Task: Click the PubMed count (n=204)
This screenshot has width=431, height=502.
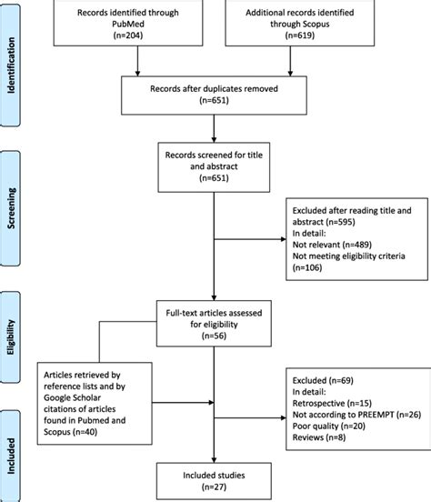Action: tap(128, 35)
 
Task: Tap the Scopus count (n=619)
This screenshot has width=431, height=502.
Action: tap(300, 35)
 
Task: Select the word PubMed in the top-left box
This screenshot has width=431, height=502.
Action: tap(128, 24)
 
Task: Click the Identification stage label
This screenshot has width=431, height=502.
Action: tap(11, 65)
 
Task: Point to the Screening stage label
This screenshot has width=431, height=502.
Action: tap(11, 208)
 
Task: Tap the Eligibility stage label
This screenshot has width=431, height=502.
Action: tap(11, 337)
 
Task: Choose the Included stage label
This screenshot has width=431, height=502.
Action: tap(11, 456)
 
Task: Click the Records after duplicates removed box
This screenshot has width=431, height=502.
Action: tap(214, 95)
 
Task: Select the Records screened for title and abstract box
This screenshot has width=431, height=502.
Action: tap(214, 167)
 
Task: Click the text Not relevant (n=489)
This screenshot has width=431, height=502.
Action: tap(332, 245)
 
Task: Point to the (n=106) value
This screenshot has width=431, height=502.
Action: tap(307, 267)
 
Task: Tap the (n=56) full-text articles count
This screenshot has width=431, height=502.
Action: tap(214, 336)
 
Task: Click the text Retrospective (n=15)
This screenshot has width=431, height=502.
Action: tap(332, 403)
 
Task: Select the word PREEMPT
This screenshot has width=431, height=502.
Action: tap(376, 415)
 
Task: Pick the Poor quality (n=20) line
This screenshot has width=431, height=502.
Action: tap(329, 427)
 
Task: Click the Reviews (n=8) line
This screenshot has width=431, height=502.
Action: tap(319, 437)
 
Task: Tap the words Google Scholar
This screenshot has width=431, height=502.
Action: tap(73, 397)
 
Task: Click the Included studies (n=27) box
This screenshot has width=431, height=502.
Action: tap(214, 481)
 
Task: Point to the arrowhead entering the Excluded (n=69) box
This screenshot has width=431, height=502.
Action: tap(283, 417)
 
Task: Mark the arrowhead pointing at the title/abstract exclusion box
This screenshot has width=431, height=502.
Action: tap(283, 239)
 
